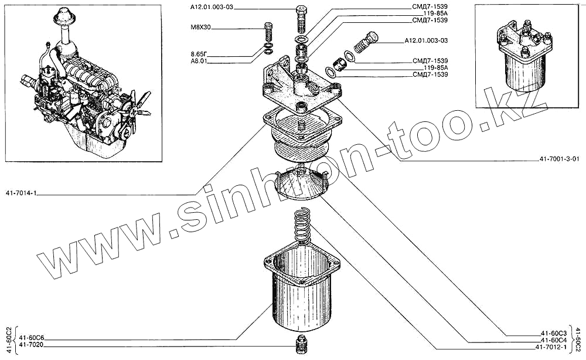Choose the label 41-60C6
tap(32, 338)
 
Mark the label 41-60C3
tap(554, 332)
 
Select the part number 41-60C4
tap(554, 340)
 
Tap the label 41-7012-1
tap(551, 348)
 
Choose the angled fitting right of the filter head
tap(366, 41)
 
